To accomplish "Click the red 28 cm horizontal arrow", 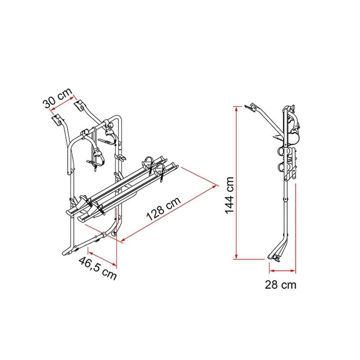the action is coord(283,271).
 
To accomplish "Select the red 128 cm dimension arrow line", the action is coord(166,212).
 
